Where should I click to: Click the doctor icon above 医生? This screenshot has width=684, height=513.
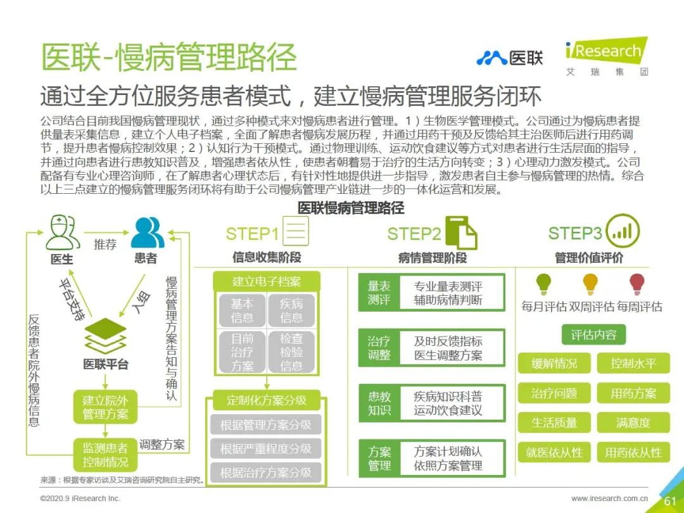pyautogui.click(x=61, y=232)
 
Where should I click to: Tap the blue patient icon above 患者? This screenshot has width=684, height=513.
pyautogui.click(x=148, y=232)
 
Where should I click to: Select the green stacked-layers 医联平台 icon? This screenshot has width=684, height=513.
pyautogui.click(x=106, y=336)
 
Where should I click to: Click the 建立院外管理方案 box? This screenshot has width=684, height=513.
pyautogui.click(x=105, y=407)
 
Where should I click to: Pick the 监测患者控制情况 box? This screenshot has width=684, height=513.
pyautogui.click(x=105, y=455)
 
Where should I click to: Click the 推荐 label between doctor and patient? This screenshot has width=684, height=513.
pyautogui.click(x=105, y=244)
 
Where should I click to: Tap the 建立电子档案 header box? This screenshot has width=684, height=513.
pyautogui.click(x=266, y=281)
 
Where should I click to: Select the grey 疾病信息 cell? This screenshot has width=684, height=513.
pyautogui.click(x=291, y=310)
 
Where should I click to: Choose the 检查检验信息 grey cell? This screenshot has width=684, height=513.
pyautogui.click(x=291, y=351)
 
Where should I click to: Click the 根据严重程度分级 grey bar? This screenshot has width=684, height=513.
pyautogui.click(x=265, y=448)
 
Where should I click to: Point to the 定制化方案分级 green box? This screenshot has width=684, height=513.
pyautogui.click(x=266, y=400)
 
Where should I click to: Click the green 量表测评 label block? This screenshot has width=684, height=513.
pyautogui.click(x=379, y=292)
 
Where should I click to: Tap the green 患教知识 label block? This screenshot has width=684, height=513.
pyautogui.click(x=379, y=403)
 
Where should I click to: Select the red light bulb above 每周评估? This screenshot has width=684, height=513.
pyautogui.click(x=637, y=284)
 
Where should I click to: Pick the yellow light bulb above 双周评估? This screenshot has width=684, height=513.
pyautogui.click(x=590, y=284)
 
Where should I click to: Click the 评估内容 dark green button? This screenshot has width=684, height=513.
pyautogui.click(x=593, y=334)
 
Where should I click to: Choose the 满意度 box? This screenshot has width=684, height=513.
pyautogui.click(x=633, y=422)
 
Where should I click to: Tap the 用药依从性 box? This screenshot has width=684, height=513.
pyautogui.click(x=633, y=452)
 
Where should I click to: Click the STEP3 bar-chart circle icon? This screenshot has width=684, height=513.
pyautogui.click(x=622, y=231)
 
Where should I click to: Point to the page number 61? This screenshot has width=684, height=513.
pyautogui.click(x=669, y=501)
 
